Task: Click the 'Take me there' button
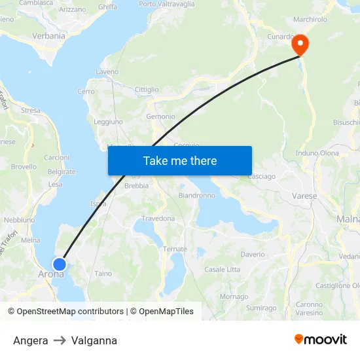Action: coord(180,160)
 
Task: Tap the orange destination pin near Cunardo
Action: coord(300,44)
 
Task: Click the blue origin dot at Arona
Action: coord(59,264)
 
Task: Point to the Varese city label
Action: coord(304,196)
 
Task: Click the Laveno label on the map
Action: coord(107,71)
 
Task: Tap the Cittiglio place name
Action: coord(146,90)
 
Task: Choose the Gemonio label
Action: coord(160,117)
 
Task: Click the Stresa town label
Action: coord(30,111)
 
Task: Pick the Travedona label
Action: coord(158,219)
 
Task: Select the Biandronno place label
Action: coord(197,195)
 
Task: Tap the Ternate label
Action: coord(175,249)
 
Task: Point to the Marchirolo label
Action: coord(310,20)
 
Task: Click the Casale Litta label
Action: coord(222,270)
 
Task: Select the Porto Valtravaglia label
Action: coord(167,4)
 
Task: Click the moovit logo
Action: coord(320,340)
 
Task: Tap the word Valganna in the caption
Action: coord(94,340)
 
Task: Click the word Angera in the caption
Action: coord(30,340)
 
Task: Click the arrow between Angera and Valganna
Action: coord(60,340)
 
